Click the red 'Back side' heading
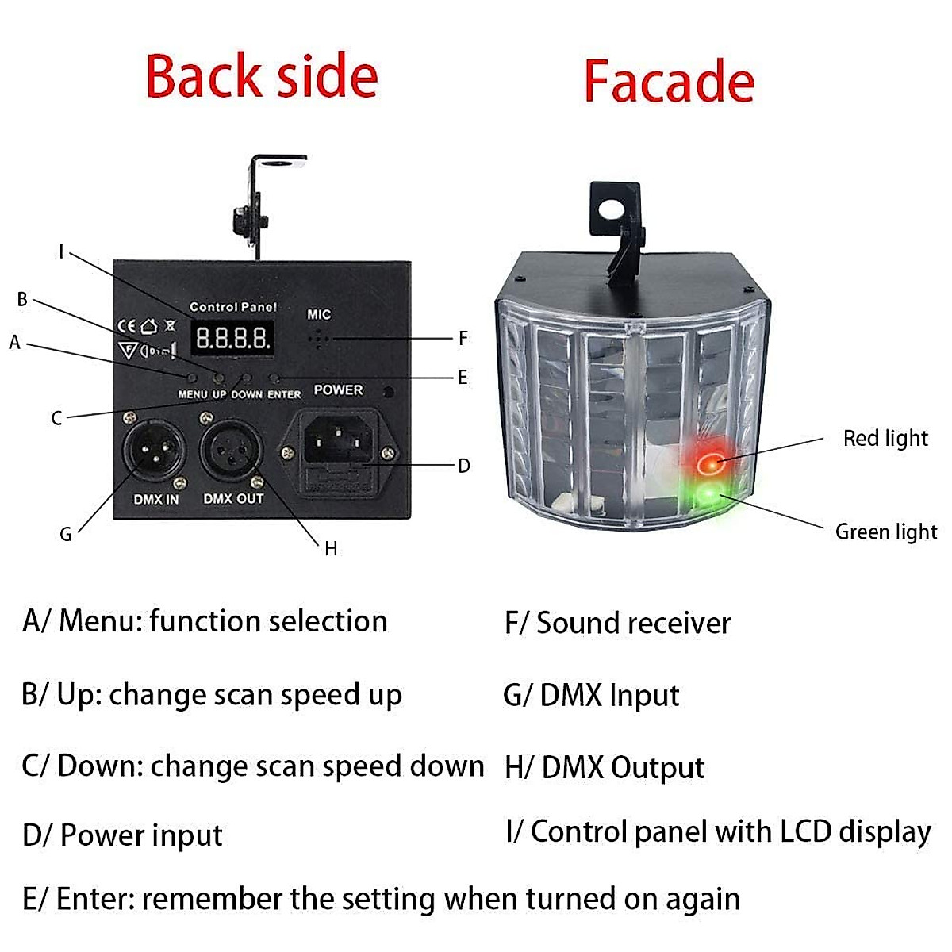tap(262, 77)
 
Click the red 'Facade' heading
tap(669, 82)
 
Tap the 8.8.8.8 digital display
tap(232, 339)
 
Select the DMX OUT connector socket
tap(231, 452)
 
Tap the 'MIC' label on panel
tap(319, 314)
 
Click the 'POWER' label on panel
tap(338, 390)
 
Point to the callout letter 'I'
tap(61, 252)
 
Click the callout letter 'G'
tap(66, 535)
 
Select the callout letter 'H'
tap(331, 548)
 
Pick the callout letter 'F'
tap(463, 338)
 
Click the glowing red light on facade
tap(708, 459)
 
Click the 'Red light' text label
tap(885, 438)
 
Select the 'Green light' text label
tap(885, 532)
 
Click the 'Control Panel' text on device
tap(233, 306)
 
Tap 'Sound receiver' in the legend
tap(633, 623)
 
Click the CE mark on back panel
tap(126, 326)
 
